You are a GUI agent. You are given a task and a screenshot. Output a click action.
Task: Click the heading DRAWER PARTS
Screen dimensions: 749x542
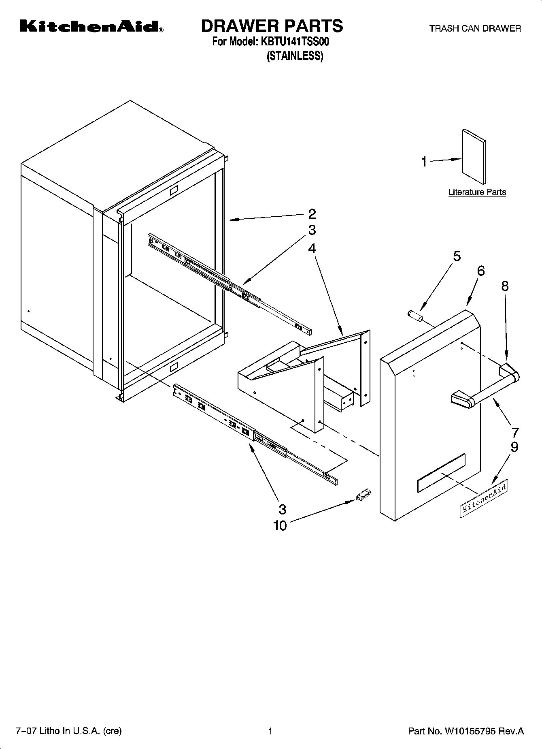[272, 26]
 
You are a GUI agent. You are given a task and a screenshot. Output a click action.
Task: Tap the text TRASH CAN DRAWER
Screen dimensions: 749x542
[475, 28]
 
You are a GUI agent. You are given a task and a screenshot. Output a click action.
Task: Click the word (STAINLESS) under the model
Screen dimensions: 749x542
[295, 56]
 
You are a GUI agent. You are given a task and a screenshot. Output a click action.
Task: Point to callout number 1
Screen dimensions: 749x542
[424, 162]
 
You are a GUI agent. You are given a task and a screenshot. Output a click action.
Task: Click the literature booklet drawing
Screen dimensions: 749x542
[474, 157]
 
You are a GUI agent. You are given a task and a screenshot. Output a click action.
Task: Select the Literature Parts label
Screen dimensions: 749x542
[477, 192]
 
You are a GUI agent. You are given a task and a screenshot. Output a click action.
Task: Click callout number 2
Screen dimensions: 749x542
[312, 213]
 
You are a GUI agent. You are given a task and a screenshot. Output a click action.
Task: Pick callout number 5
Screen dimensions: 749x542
[457, 256]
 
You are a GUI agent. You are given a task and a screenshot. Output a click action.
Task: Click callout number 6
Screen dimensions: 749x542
[480, 271]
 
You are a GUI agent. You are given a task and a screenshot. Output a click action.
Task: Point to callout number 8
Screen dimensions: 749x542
[505, 286]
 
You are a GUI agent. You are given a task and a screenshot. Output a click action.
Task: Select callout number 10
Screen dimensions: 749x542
[280, 525]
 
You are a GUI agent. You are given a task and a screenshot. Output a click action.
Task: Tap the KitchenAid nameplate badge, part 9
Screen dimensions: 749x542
[484, 498]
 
